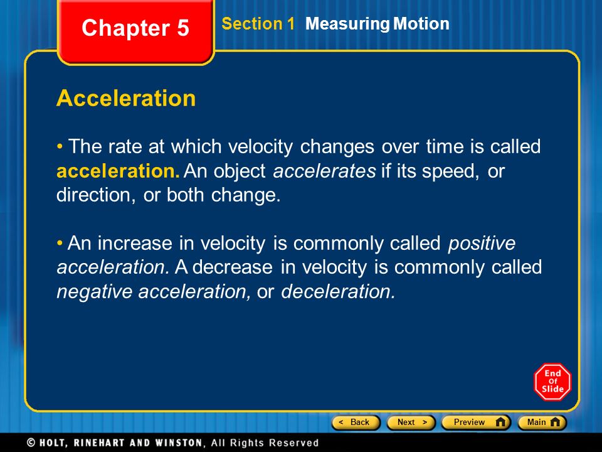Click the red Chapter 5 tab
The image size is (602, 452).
(135, 31)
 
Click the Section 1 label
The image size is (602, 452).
(258, 23)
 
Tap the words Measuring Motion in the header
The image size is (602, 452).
(377, 24)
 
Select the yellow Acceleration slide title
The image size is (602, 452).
(126, 98)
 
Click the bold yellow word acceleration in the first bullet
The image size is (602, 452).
(118, 171)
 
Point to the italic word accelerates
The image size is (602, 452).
(324, 171)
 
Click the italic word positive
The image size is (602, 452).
(482, 244)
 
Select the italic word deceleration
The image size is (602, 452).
(338, 291)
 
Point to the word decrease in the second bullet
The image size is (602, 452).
(232, 267)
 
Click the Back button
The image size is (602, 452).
(356, 422)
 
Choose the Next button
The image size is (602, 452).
(411, 422)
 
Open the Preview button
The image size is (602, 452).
(476, 422)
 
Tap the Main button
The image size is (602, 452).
(542, 422)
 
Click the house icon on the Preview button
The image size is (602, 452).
(500, 422)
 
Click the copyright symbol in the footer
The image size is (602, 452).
(31, 443)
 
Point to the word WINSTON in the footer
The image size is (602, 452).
(179, 443)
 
